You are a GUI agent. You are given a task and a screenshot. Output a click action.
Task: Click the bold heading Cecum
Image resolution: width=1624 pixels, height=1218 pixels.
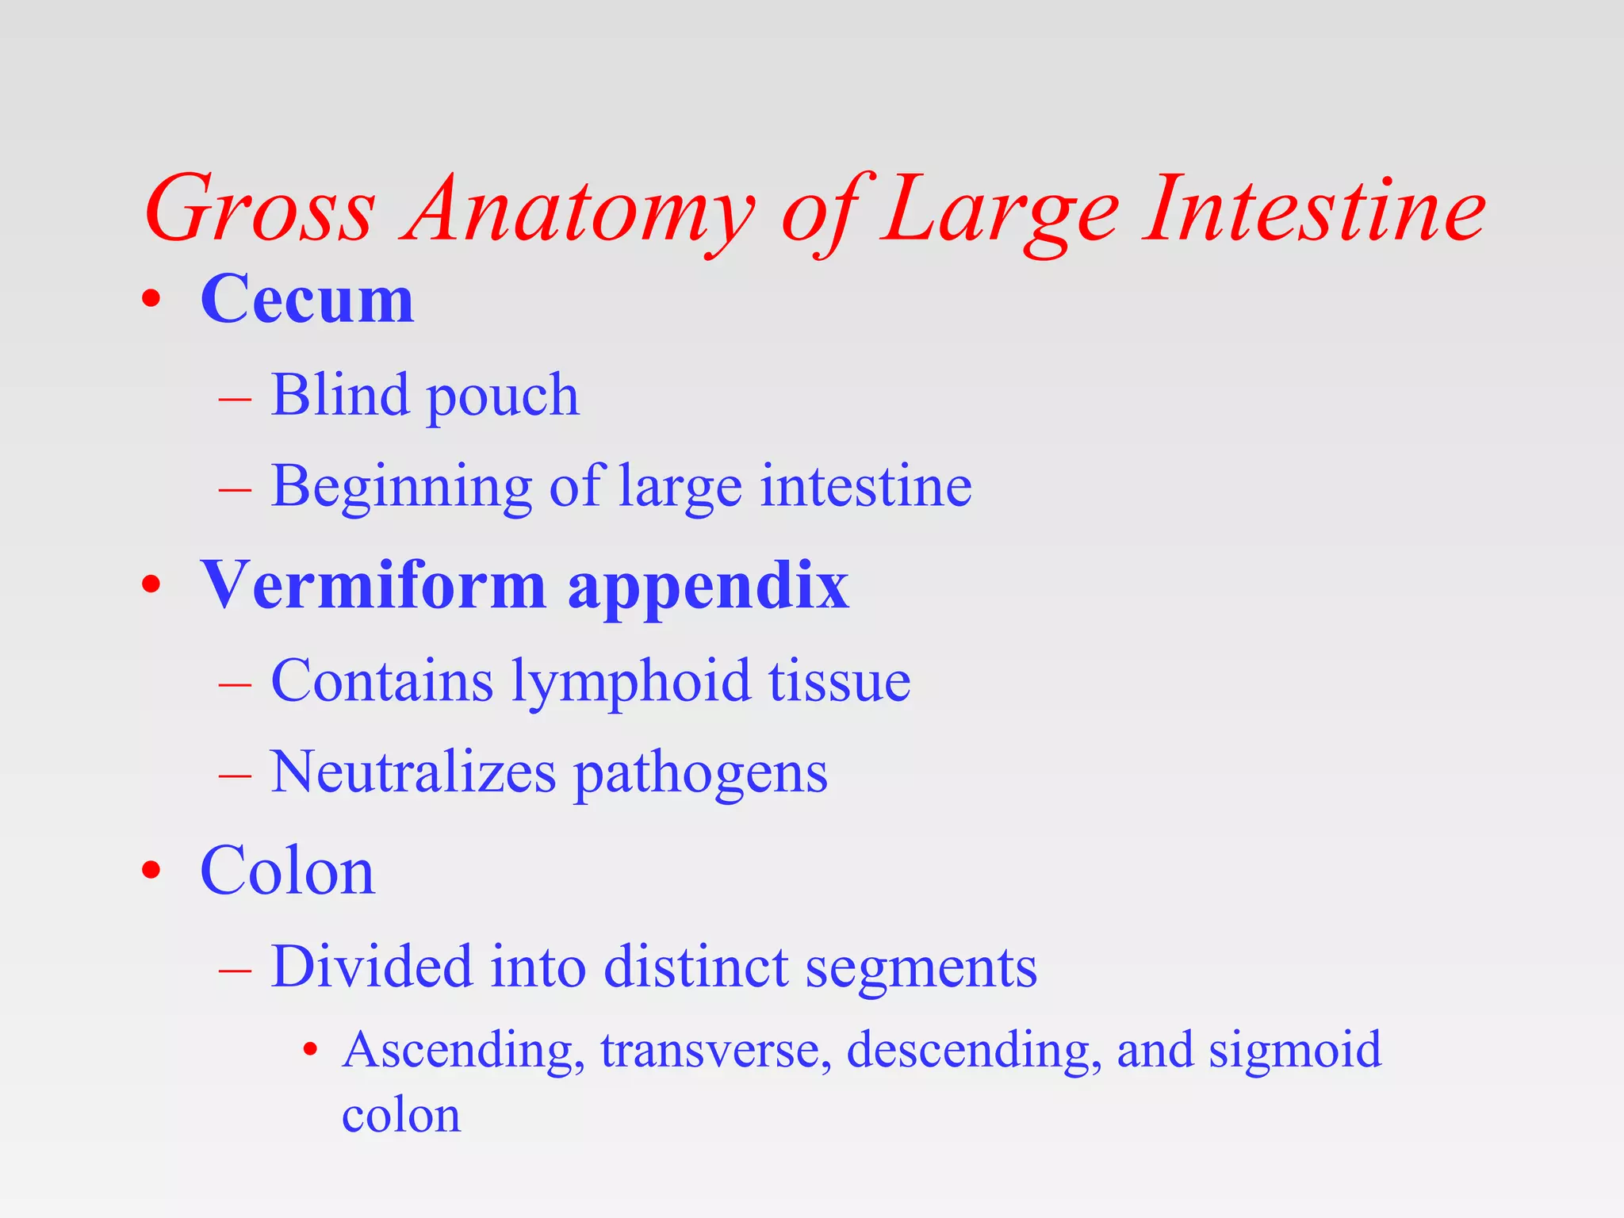(x=307, y=300)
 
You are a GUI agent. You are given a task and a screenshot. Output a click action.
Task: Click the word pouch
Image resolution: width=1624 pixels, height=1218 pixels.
(x=503, y=396)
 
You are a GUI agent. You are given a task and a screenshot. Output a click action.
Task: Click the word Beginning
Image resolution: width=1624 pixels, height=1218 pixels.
(x=400, y=488)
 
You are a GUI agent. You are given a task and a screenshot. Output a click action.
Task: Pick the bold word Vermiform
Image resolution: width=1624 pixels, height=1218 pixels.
(x=373, y=585)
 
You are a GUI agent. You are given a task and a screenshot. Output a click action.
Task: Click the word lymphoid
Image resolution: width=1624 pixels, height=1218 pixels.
(x=630, y=683)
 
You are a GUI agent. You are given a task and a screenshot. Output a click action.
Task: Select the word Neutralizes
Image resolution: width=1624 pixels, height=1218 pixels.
(x=413, y=772)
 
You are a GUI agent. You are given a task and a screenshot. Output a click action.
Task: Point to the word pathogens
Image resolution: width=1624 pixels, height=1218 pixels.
(x=700, y=776)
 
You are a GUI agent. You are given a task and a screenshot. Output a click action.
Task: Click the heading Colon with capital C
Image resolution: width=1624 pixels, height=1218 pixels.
(x=287, y=871)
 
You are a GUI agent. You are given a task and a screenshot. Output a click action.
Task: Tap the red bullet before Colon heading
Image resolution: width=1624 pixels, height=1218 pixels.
(x=151, y=871)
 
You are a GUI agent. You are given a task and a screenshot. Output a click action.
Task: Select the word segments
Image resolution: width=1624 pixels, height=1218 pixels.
(x=921, y=970)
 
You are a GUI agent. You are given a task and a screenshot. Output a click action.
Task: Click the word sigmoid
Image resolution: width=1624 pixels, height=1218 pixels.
(x=1294, y=1051)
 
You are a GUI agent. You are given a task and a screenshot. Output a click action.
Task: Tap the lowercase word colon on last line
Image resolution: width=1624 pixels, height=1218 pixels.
(x=401, y=1116)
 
